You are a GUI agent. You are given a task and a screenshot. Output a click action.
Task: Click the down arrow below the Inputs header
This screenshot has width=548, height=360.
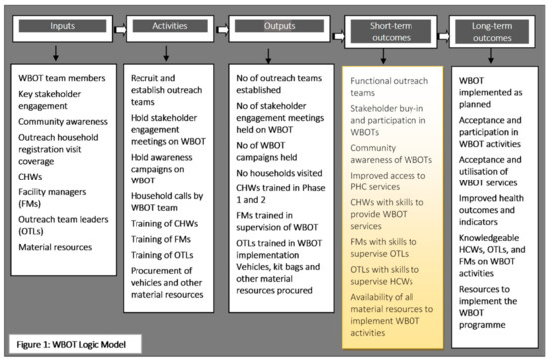(x=58, y=54)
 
